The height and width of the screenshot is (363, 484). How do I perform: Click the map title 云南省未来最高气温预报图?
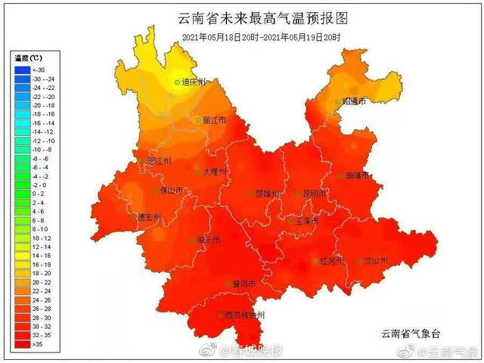point(256,18)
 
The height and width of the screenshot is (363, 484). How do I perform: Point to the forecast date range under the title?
point(260,37)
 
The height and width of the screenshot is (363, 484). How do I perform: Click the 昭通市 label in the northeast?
point(352,101)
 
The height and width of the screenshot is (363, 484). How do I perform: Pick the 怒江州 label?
point(157,161)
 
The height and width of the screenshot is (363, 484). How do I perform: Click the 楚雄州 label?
point(265,194)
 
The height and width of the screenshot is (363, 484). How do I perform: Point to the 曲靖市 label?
point(355,175)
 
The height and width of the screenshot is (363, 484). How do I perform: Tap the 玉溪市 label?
point(305,221)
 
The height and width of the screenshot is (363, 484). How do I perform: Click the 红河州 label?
point(330,261)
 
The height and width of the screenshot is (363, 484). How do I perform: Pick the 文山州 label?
point(374,261)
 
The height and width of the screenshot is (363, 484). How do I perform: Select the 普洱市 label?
point(242,284)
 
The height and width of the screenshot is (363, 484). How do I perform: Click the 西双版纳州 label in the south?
point(243,315)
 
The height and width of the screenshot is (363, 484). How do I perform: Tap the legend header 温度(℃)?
point(29,58)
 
